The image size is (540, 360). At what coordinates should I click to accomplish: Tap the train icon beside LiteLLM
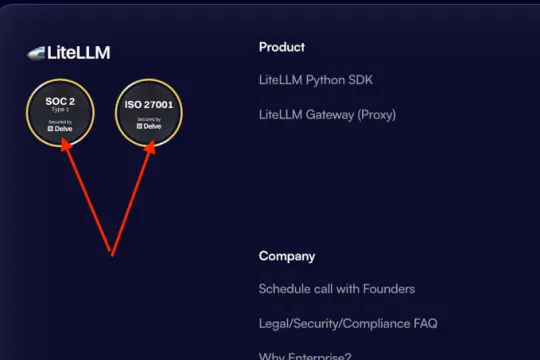click(x=37, y=53)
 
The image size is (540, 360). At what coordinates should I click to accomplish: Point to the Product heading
click(x=282, y=47)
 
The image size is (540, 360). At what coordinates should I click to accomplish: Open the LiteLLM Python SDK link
click(x=315, y=80)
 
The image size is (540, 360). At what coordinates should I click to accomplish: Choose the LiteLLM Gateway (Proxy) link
click(x=327, y=114)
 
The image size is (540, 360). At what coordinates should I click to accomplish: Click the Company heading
click(x=287, y=256)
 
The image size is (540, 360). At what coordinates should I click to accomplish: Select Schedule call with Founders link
click(x=336, y=289)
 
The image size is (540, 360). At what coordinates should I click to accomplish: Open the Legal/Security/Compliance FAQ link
click(x=347, y=323)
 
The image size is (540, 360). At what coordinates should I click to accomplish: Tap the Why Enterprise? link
click(x=304, y=354)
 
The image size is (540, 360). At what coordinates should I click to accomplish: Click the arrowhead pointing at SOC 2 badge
click(x=65, y=145)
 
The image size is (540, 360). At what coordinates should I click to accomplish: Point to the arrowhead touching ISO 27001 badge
click(x=150, y=146)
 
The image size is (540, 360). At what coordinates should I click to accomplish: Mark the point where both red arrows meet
click(x=111, y=253)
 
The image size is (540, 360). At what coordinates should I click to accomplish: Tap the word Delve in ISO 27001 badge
click(x=152, y=126)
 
